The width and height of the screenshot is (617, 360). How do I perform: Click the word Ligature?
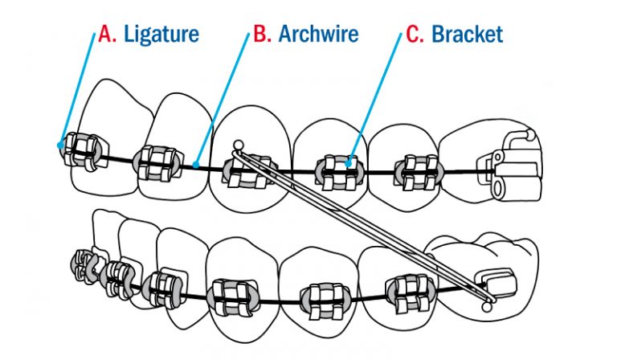click(x=161, y=35)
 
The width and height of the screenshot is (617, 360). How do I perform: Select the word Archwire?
click(x=318, y=35)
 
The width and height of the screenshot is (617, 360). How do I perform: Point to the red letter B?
click(x=262, y=35)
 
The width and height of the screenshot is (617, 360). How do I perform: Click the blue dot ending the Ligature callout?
click(x=61, y=145)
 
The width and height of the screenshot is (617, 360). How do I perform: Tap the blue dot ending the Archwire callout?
click(x=198, y=166)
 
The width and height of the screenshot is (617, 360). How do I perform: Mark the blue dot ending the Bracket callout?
click(x=348, y=162)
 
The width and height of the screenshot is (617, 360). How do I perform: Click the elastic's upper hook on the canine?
click(x=236, y=145)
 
